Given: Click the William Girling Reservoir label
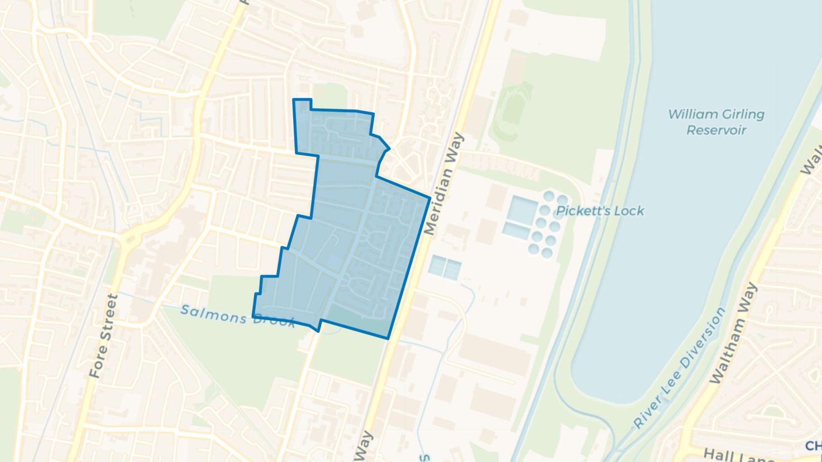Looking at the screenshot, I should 716,122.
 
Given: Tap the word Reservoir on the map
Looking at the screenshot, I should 716,131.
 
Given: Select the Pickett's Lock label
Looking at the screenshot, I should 600,211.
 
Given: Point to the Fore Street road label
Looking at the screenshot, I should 104,336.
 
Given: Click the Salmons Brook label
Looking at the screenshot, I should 237,316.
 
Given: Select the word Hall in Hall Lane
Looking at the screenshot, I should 717,454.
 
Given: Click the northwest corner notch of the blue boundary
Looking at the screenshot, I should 302,100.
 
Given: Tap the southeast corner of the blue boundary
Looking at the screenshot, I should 388,338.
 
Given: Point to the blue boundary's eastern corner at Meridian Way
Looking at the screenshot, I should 429,198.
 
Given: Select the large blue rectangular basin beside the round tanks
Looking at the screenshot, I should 522,211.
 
